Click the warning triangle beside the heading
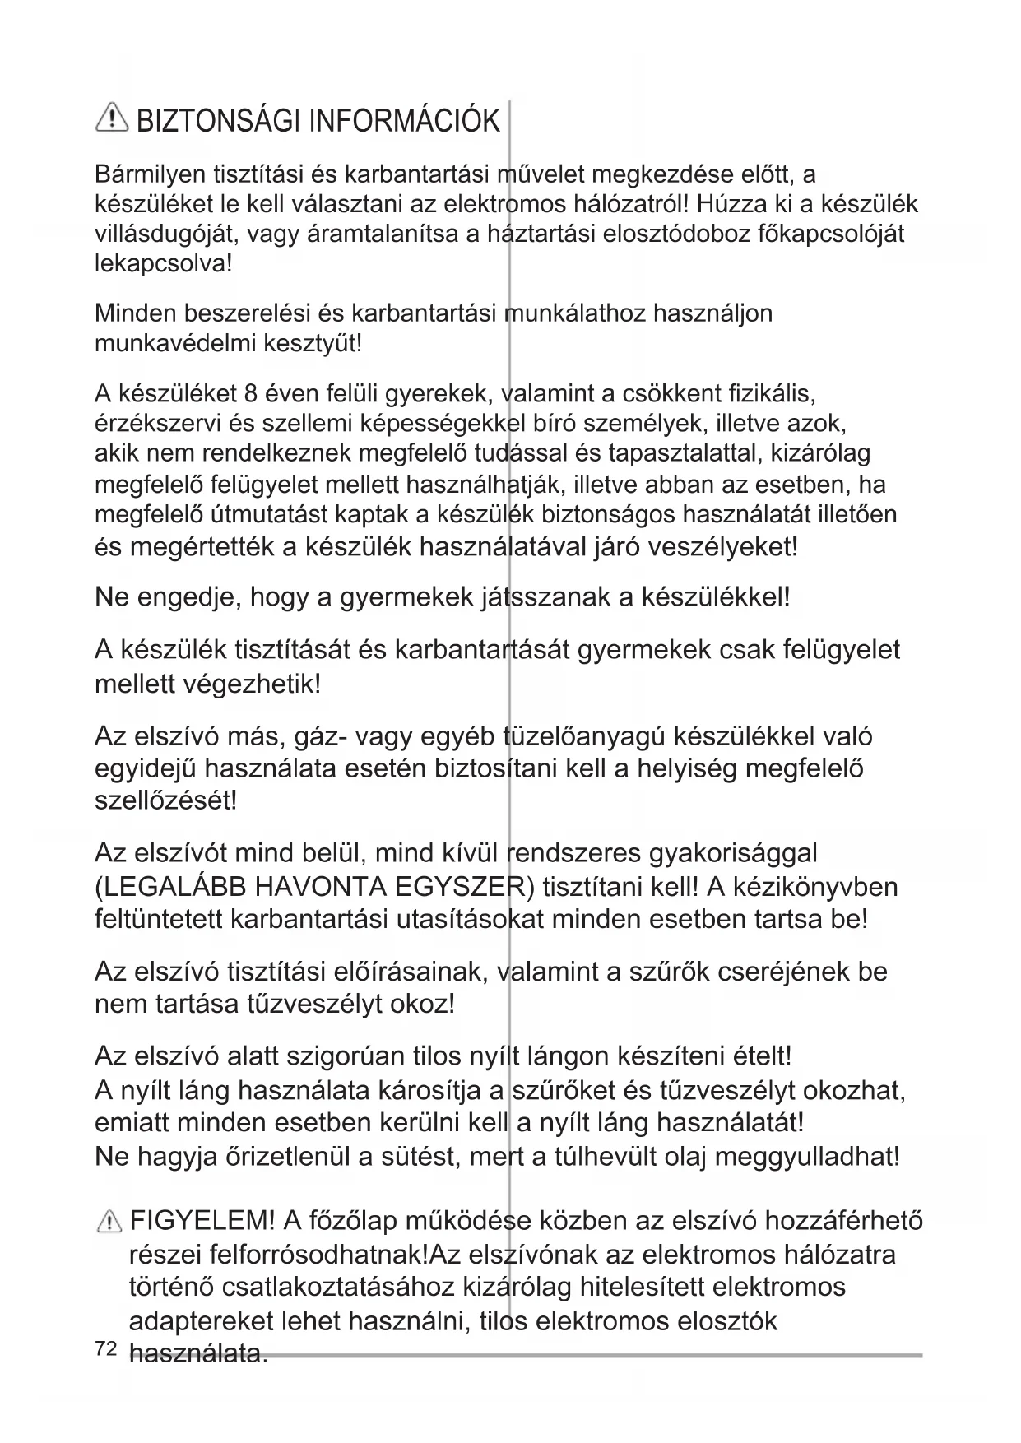[111, 120]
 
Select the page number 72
[104, 1348]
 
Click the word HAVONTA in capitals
[320, 887]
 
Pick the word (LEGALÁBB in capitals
[171, 887]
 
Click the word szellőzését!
[166, 800]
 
